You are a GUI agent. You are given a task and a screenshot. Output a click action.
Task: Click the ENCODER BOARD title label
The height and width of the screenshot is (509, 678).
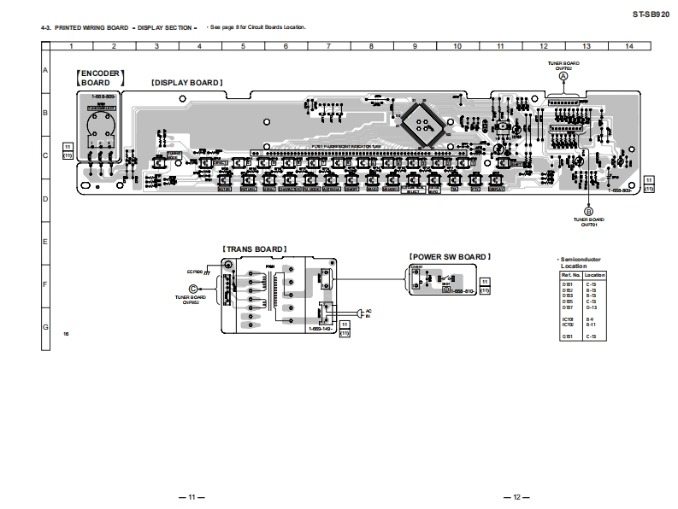(x=101, y=78)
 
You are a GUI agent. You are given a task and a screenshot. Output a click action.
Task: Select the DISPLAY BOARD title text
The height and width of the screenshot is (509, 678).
(x=186, y=83)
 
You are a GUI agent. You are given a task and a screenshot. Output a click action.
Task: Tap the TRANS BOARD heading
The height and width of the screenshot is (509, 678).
(x=254, y=249)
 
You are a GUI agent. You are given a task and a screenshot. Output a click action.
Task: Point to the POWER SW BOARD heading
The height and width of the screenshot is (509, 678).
(x=450, y=255)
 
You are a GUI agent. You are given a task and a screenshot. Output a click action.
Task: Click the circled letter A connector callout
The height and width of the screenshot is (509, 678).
(x=563, y=76)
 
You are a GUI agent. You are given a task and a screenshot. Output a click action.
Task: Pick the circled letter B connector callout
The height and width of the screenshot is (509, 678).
(x=588, y=210)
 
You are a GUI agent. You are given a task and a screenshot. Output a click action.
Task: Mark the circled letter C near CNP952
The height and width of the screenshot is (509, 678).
(x=193, y=289)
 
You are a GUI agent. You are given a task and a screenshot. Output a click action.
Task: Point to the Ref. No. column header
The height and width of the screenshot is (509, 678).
(x=569, y=275)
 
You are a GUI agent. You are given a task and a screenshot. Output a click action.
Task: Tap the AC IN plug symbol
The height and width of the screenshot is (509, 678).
(x=361, y=313)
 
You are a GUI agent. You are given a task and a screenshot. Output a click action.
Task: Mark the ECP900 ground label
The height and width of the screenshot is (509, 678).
(x=196, y=272)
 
